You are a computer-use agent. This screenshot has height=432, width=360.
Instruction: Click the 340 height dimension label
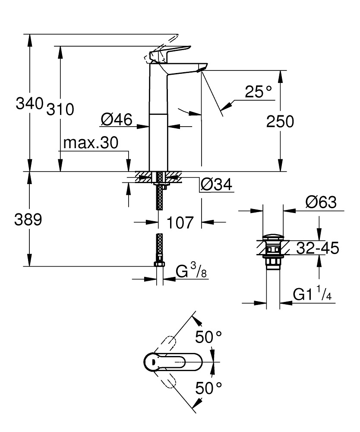point(30,104)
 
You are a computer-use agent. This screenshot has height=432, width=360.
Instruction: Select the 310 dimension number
point(60,109)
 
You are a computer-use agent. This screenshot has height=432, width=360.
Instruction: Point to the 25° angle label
point(258,92)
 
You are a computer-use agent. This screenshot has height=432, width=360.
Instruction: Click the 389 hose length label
point(28,220)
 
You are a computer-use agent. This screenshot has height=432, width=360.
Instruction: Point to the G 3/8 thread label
point(192,272)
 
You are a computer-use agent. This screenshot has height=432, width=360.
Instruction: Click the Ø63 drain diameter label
point(320,202)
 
